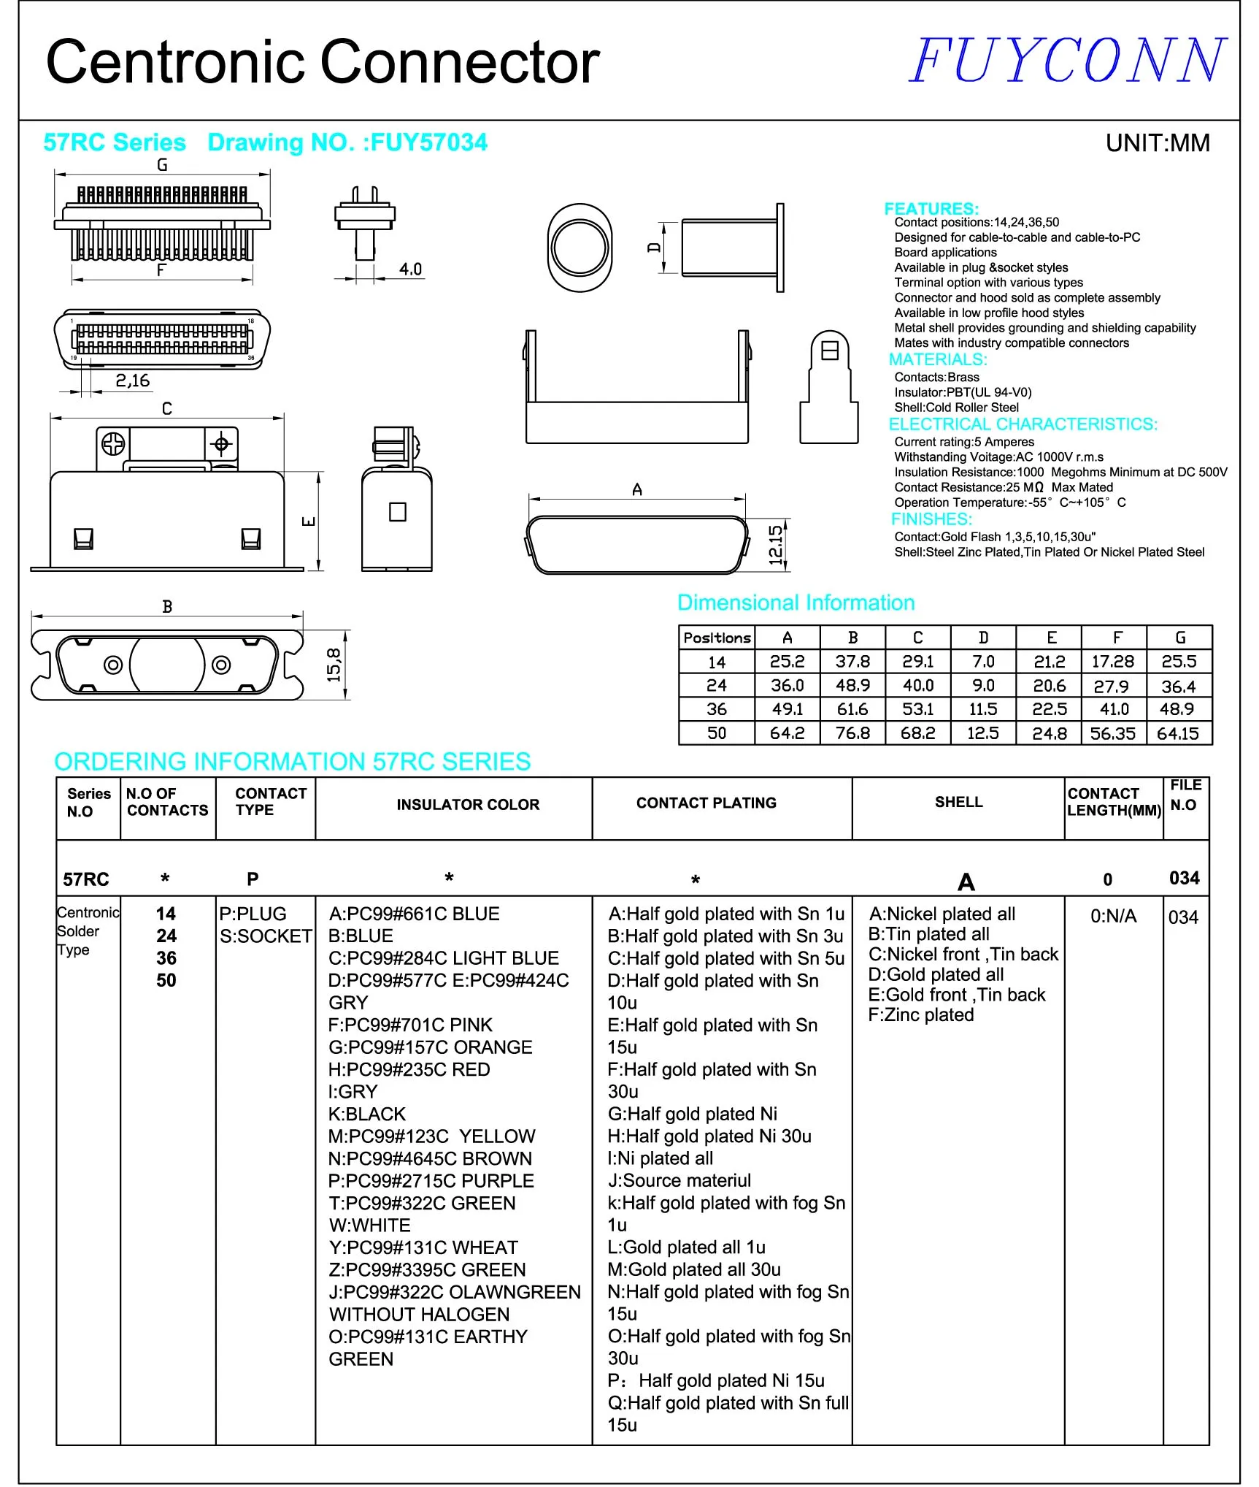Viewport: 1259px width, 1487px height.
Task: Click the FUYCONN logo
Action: [1067, 61]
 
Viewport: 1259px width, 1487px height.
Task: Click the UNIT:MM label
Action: [1157, 143]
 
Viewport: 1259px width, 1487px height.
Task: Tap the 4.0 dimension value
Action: [410, 270]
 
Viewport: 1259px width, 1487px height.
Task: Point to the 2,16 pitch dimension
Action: [133, 381]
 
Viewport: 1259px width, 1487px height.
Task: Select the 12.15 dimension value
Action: [775, 545]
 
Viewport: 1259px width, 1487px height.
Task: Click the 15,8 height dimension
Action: [334, 665]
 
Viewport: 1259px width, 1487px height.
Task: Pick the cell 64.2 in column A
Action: [787, 733]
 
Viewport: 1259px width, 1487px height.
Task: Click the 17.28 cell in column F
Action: [1112, 662]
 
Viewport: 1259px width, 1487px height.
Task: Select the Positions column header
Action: [717, 638]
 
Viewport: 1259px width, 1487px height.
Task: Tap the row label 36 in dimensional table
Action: [716, 709]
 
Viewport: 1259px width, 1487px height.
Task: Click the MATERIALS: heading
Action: [937, 359]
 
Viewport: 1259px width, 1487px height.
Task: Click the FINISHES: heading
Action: [931, 519]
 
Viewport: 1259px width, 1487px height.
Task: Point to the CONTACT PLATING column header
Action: [706, 803]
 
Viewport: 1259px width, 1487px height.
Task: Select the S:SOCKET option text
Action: [266, 936]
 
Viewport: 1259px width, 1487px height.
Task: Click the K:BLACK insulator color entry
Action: [367, 1114]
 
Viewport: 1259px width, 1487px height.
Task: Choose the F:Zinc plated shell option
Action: [920, 1014]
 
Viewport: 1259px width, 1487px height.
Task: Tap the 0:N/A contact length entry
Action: [1113, 916]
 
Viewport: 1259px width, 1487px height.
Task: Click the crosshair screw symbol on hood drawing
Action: [222, 443]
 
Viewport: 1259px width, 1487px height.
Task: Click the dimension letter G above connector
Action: [162, 165]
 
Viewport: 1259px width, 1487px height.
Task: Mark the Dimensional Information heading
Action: [796, 603]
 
